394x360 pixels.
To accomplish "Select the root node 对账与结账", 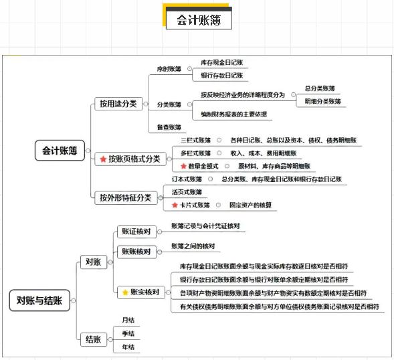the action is pyautogui.click(x=39, y=300).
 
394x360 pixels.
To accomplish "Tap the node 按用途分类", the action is pyautogui.click(x=118, y=104).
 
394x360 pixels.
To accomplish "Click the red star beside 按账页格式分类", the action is pyautogui.click(x=103, y=159).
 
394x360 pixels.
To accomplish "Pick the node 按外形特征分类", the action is pyautogui.click(x=126, y=197).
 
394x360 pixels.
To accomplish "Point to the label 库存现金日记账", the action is pyautogui.click(x=222, y=62).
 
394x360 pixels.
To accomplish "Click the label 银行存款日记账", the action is pyautogui.click(x=222, y=76).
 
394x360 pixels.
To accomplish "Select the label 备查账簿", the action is pyautogui.click(x=169, y=127).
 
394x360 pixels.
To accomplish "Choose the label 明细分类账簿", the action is pyautogui.click(x=322, y=101).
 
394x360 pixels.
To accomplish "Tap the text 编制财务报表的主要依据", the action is pyautogui.click(x=233, y=114).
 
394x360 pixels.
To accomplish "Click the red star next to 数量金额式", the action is pyautogui.click(x=183, y=166).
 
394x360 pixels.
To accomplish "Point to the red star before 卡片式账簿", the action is pyautogui.click(x=175, y=205).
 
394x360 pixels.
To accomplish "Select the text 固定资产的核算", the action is pyautogui.click(x=251, y=205).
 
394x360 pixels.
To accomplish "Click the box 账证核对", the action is pyautogui.click(x=136, y=232).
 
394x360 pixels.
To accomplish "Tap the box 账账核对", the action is pyautogui.click(x=136, y=252).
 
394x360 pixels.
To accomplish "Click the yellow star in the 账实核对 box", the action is pyautogui.click(x=125, y=292).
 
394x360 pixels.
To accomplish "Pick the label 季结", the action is pyautogui.click(x=128, y=334).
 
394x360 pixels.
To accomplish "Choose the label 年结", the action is pyautogui.click(x=128, y=347).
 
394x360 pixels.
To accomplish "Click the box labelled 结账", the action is pyautogui.click(x=94, y=340).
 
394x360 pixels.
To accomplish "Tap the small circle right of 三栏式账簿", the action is pyautogui.click(x=219, y=141).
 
